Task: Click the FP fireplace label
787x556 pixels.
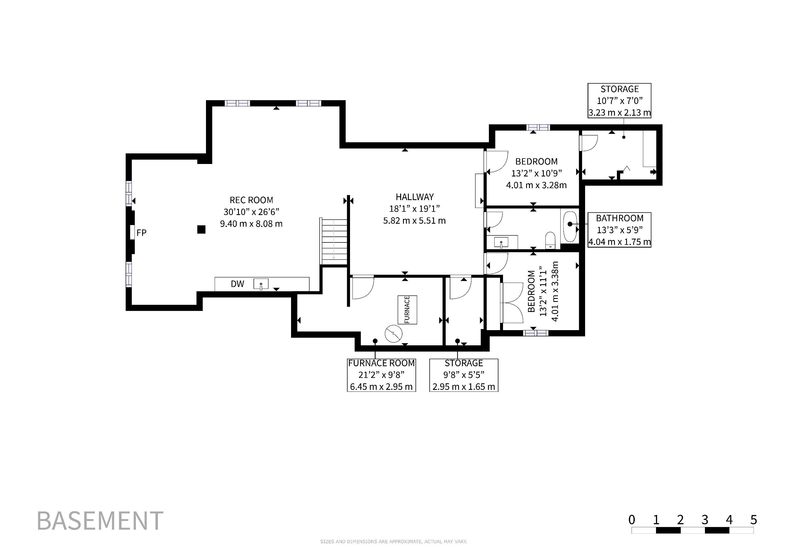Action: tap(141, 233)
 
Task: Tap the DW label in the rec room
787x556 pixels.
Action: tap(237, 283)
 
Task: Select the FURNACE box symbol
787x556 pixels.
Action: tap(407, 310)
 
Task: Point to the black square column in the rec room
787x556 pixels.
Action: tap(201, 229)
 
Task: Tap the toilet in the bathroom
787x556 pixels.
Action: tap(550, 240)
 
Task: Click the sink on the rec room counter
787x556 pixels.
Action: tap(261, 284)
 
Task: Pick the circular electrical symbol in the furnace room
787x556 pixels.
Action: tap(393, 334)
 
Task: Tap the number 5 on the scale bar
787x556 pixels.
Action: tap(753, 520)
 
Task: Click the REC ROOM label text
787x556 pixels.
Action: tap(251, 200)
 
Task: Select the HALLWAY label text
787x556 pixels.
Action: tap(415, 197)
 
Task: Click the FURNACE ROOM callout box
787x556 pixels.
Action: tap(382, 375)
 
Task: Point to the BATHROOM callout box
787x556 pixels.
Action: tap(619, 230)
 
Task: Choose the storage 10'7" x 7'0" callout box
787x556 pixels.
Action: tap(619, 101)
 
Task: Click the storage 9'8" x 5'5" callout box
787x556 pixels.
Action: tap(464, 375)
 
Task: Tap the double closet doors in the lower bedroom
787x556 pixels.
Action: tap(511, 303)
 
